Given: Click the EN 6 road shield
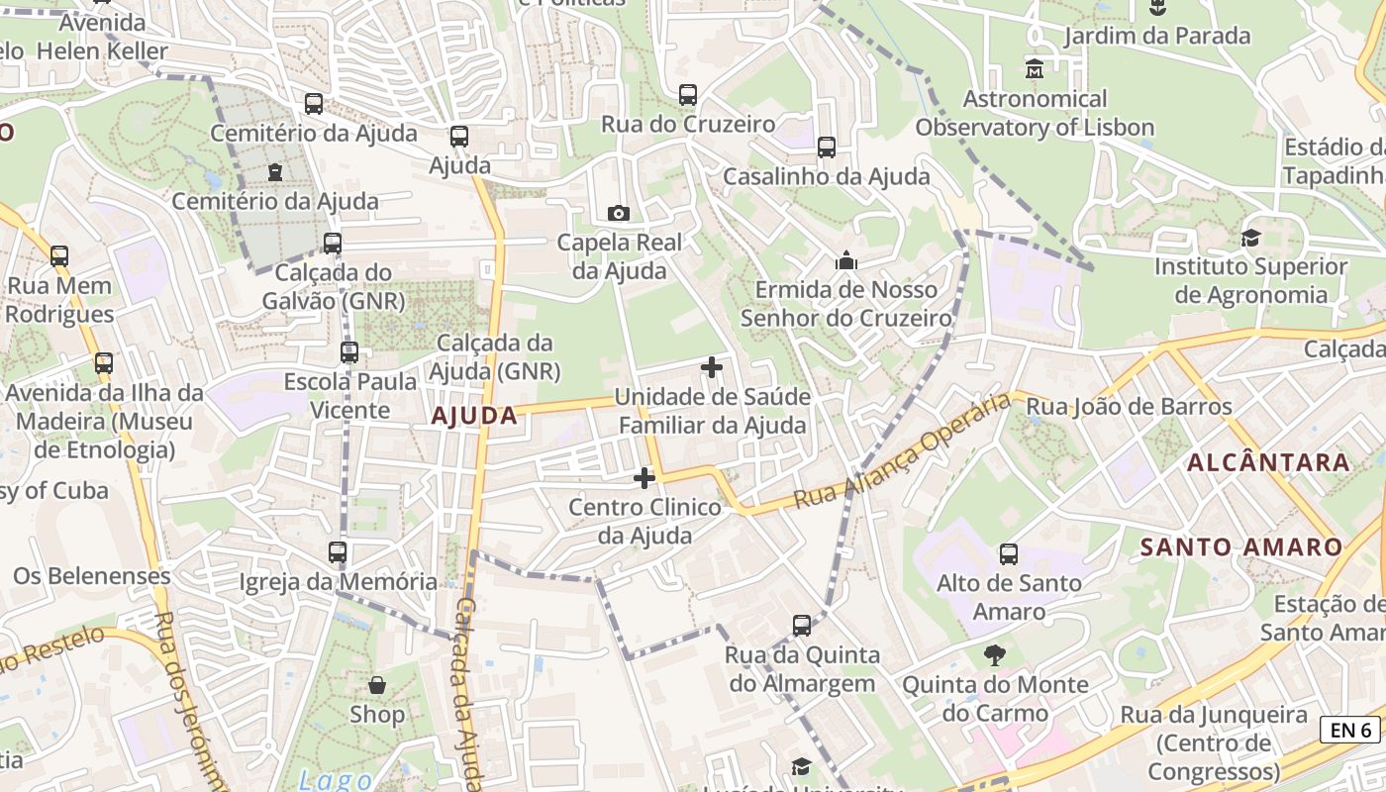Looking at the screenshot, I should (x=1350, y=731).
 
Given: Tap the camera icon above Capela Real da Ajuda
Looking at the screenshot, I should (x=619, y=213).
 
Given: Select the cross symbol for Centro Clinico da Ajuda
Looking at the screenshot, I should (x=644, y=478).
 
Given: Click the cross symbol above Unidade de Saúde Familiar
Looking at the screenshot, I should (x=711, y=367).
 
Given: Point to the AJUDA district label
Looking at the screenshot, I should (x=474, y=416).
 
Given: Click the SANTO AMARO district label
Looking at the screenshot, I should (x=1240, y=546).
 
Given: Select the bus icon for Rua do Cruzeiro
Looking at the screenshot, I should (x=688, y=95).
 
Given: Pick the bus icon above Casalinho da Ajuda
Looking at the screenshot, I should (x=827, y=148).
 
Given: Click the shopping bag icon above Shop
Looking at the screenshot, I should (x=377, y=685).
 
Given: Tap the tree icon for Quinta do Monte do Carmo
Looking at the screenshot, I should (x=995, y=655).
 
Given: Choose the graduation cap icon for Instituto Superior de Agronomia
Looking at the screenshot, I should (x=1251, y=238).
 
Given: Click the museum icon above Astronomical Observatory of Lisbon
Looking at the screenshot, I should (x=1035, y=69).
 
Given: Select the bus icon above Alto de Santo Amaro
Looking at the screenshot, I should (x=1009, y=554).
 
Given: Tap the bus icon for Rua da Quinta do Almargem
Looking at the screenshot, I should (x=802, y=626).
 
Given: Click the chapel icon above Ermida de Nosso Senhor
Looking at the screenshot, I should (x=846, y=260).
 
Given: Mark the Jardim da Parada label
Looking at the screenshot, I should (x=1157, y=37).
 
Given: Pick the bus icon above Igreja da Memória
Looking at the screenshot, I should (x=338, y=552).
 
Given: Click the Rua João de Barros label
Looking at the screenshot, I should (x=1129, y=407).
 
